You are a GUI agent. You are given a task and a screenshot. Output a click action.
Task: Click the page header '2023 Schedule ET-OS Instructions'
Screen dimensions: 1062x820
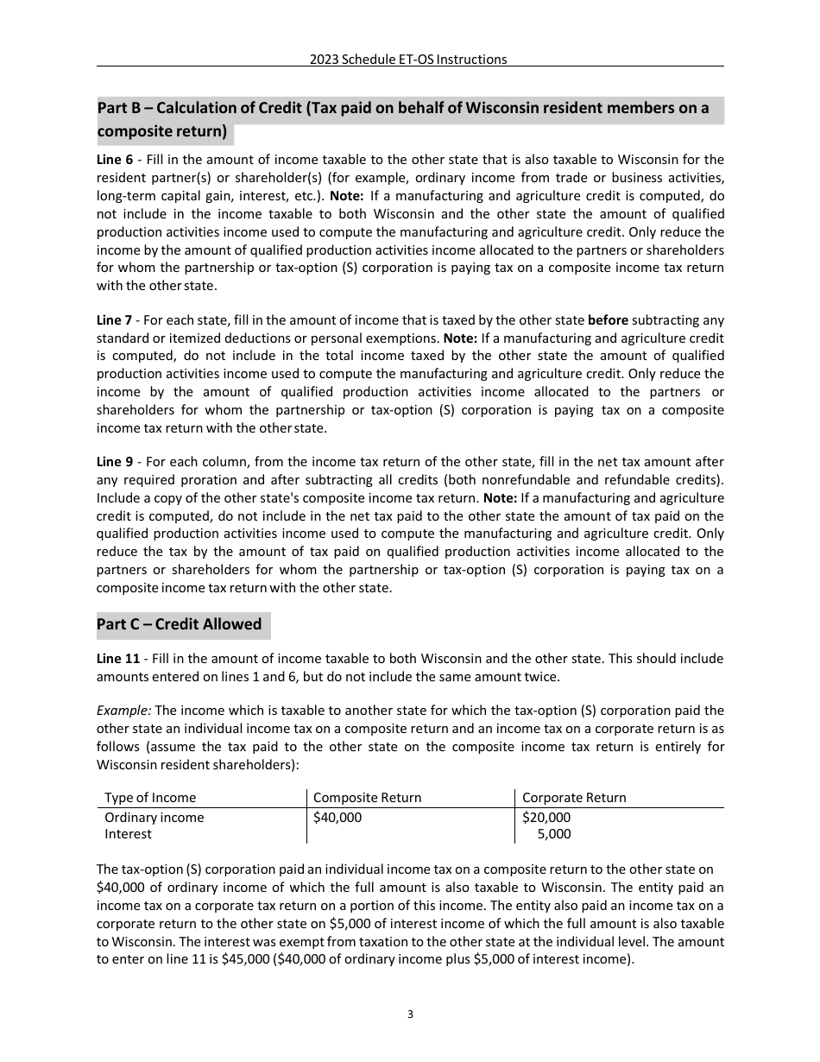pos(408,60)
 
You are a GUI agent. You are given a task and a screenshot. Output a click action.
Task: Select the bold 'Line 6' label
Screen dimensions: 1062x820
pos(114,160)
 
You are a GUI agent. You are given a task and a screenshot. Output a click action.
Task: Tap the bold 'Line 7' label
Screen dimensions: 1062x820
pos(114,320)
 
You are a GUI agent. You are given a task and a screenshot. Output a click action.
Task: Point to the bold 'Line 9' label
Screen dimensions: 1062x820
pos(114,462)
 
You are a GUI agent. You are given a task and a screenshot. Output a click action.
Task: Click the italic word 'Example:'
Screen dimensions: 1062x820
pos(123,711)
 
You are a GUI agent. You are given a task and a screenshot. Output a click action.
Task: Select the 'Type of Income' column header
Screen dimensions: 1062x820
pos(150,798)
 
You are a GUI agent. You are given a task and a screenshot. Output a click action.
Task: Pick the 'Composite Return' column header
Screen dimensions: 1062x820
pos(367,798)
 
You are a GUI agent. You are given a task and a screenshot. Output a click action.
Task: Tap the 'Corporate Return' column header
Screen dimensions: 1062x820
pos(574,798)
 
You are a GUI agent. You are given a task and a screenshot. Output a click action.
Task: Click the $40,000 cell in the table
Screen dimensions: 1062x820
pos(337,818)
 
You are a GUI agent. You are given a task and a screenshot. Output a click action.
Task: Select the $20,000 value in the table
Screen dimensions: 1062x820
pos(546,818)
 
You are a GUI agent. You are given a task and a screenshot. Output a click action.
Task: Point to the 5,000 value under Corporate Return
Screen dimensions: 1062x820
pos(553,834)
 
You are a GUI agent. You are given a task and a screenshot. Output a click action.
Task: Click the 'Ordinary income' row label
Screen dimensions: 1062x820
pos(155,818)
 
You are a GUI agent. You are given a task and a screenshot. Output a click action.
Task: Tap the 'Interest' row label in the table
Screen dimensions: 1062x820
pos(128,834)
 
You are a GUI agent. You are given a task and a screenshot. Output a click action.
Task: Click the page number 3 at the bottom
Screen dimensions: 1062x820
pos(410,1015)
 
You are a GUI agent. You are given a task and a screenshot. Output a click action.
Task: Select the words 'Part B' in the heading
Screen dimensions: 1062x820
pos(122,109)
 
